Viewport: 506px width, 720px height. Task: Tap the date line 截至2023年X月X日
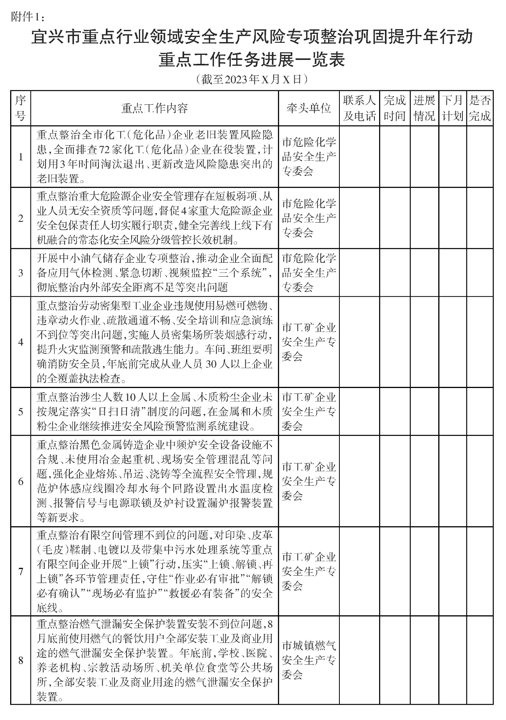coord(253,79)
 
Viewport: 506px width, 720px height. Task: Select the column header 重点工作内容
coord(155,108)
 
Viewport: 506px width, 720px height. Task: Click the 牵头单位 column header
coord(309,108)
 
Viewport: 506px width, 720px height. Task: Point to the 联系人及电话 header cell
coord(359,108)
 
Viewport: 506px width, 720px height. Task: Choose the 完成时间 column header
coord(394,108)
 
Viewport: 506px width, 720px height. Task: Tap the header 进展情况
coord(424,108)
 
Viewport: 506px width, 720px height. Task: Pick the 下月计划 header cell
coord(452,108)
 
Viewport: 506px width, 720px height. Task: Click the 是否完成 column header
coord(480,108)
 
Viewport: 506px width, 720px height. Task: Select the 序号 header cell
coord(20,108)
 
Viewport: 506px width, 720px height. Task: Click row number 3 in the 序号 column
coord(21,273)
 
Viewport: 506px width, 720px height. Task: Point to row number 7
coord(21,571)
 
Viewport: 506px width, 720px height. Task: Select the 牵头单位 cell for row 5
coord(309,411)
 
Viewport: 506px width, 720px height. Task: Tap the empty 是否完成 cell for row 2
coord(480,218)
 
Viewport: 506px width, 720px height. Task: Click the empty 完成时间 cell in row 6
coord(394,481)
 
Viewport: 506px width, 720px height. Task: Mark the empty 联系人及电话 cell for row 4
coord(359,342)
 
